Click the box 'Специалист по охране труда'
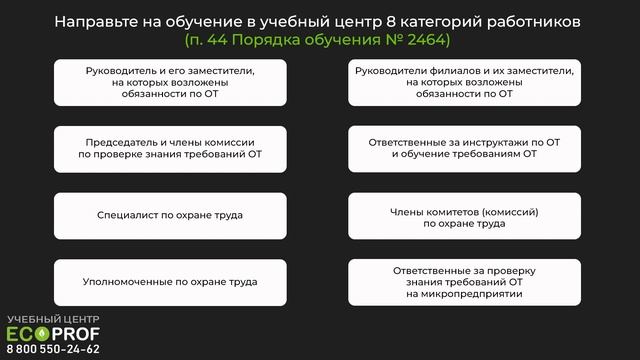[x=170, y=215]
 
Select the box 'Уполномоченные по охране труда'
[x=170, y=282]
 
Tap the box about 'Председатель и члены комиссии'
[x=170, y=149]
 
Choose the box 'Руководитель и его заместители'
[x=170, y=82]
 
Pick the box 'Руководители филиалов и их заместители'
[x=464, y=82]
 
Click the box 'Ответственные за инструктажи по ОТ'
[x=464, y=149]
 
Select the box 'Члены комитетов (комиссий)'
[x=464, y=215]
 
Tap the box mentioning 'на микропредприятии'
[x=464, y=282]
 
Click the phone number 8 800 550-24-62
[x=53, y=349]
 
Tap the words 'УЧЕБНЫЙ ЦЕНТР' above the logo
[x=53, y=319]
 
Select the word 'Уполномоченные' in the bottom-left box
[x=124, y=282]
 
